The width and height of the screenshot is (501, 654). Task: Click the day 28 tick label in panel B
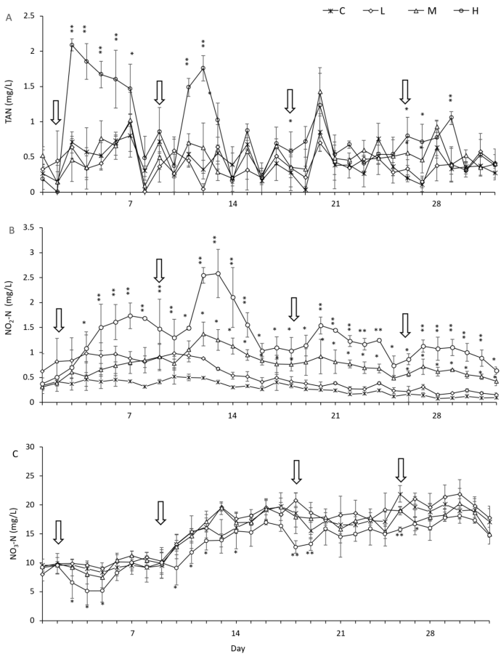pyautogui.click(x=438, y=416)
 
